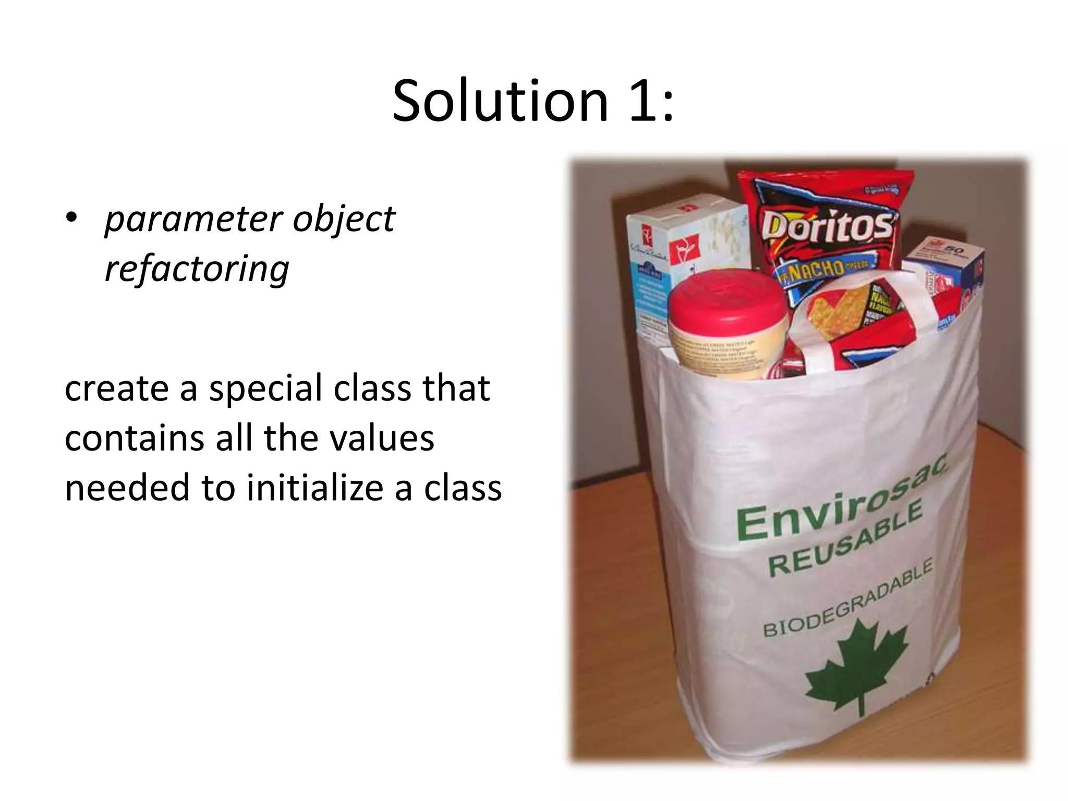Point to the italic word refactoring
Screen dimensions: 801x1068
pyautogui.click(x=197, y=269)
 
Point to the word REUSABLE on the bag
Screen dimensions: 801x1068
pyautogui.click(x=845, y=540)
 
